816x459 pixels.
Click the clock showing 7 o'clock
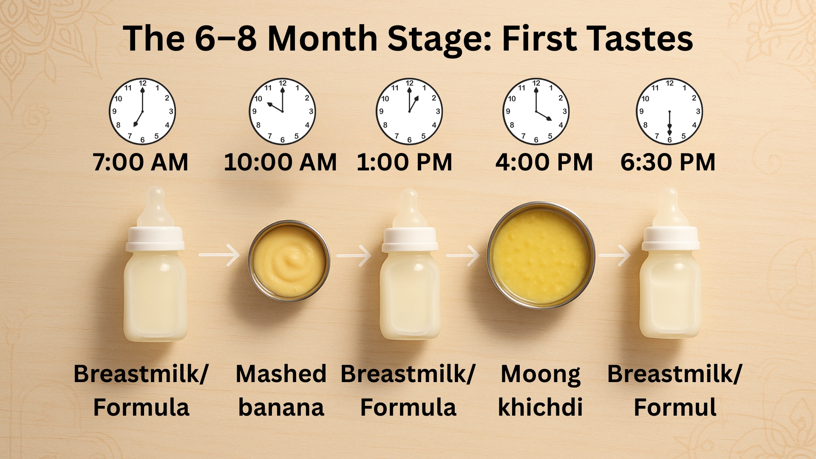point(142,111)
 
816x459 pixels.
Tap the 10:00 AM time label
point(280,162)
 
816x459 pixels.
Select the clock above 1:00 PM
point(409,111)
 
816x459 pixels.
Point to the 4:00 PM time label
point(544,162)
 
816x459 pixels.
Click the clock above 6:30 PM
point(669,111)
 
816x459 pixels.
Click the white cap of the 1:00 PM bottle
point(410,240)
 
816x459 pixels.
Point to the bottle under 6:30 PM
point(670,280)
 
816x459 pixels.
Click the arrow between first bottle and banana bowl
point(220,255)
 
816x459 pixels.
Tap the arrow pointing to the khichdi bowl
point(463,255)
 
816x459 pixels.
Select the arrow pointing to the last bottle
point(615,255)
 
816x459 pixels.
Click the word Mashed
point(281,374)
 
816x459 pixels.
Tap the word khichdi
point(540,407)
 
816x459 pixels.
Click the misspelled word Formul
point(674,407)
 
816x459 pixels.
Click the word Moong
point(540,375)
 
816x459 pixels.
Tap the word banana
point(281,407)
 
